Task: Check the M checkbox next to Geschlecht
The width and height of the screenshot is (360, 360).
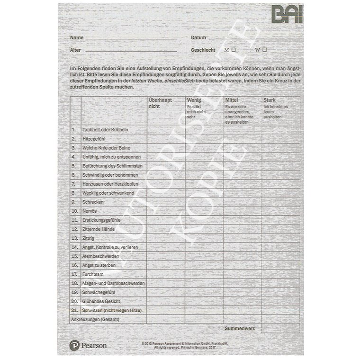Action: click(x=234, y=49)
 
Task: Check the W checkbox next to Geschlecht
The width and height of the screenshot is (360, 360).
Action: click(x=265, y=49)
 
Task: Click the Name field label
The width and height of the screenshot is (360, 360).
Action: click(x=77, y=37)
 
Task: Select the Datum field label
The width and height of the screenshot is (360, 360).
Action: click(x=198, y=37)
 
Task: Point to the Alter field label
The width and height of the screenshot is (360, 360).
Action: click(x=75, y=50)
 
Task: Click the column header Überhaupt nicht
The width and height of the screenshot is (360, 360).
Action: click(x=160, y=103)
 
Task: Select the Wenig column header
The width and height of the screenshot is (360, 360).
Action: click(x=194, y=100)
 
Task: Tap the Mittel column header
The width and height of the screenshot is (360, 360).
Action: click(x=231, y=100)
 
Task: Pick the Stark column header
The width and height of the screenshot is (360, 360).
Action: click(x=269, y=100)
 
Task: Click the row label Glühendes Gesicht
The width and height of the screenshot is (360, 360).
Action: click(x=101, y=301)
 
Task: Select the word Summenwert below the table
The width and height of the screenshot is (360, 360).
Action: click(x=241, y=328)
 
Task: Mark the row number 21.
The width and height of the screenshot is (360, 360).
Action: click(x=74, y=310)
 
